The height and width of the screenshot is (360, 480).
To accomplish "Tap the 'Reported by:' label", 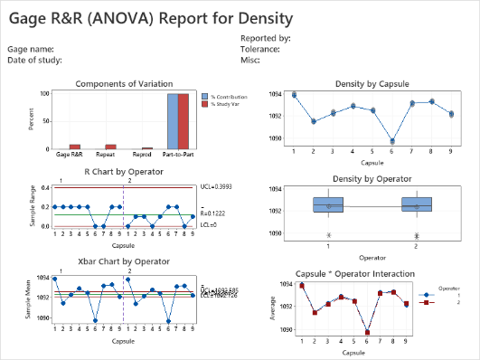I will click(265, 38).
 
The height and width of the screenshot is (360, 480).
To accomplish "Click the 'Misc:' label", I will click(250, 60).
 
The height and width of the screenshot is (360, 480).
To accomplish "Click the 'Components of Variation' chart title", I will click(125, 83).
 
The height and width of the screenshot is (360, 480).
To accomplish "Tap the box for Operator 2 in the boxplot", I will click(416, 204).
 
